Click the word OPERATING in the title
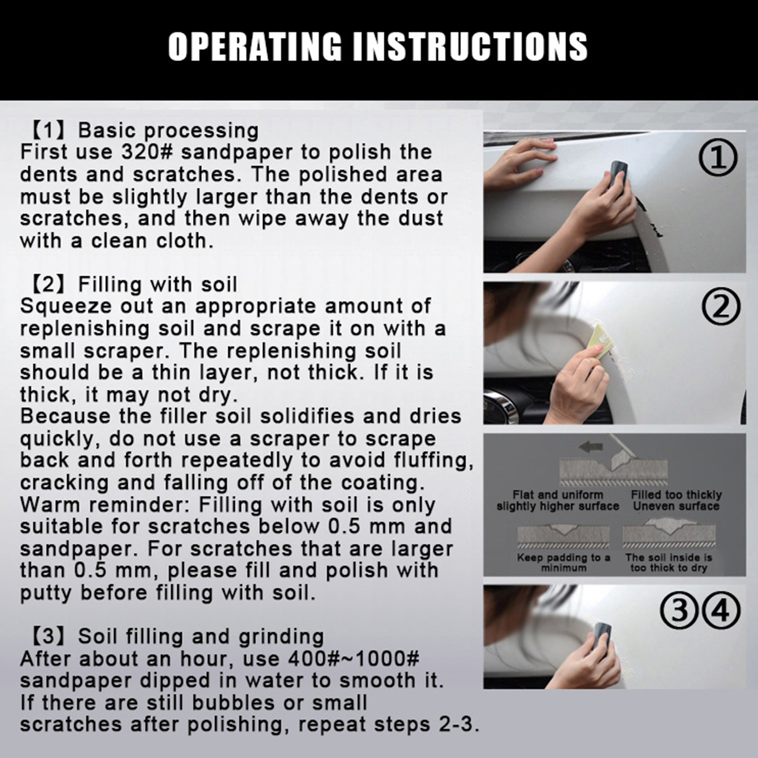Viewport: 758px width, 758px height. tap(255, 46)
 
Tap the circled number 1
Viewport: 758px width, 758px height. tap(718, 157)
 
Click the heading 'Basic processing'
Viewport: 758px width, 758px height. tap(168, 131)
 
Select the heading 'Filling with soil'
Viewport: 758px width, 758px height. tap(157, 285)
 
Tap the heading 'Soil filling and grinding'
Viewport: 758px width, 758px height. tap(201, 637)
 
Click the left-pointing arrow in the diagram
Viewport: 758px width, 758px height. tap(590, 446)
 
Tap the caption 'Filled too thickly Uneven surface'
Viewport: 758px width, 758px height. tap(676, 501)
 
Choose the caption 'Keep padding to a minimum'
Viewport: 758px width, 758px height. tap(563, 563)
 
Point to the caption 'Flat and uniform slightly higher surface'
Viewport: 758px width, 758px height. tap(558, 501)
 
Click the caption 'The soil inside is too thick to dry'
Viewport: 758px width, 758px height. tap(668, 563)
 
